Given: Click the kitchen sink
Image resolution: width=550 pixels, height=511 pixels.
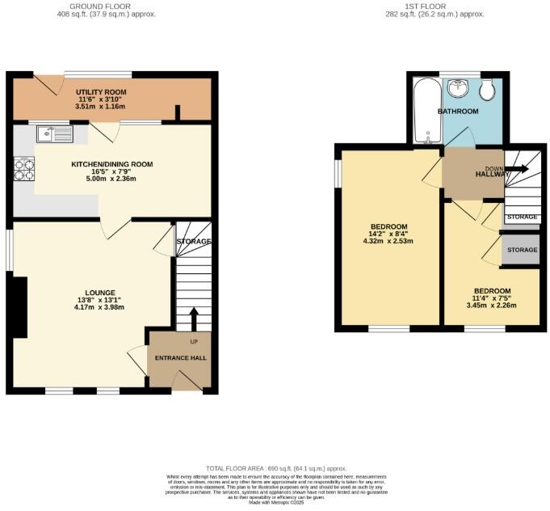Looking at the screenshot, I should pos(53,133).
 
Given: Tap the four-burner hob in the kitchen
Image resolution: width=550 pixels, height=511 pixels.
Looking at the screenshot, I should pos(24,169).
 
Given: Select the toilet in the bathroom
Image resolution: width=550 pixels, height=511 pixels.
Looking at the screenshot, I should pos(487,89).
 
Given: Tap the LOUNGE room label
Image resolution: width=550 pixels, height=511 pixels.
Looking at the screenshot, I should pos(101,293).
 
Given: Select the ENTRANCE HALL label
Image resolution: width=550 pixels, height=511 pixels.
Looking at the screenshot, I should pos(182,357).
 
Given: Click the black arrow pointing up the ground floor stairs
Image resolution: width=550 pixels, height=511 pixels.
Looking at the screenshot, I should pos(194,317).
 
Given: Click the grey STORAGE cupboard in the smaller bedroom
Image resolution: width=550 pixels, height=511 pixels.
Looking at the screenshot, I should pos(521,251).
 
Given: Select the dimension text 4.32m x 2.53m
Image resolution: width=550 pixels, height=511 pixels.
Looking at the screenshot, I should pos(388,241).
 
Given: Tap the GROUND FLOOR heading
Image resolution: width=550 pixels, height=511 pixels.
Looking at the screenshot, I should pos(107,6).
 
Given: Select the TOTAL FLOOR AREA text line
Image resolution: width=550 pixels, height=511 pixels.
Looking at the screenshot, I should pos(275,469).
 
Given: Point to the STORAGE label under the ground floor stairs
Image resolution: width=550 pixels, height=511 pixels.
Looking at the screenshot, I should pos(194,242).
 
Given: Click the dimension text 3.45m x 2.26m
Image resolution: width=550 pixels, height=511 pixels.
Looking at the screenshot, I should pos(492,306).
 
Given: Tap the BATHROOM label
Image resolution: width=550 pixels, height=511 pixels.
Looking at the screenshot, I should pos(458,111).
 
